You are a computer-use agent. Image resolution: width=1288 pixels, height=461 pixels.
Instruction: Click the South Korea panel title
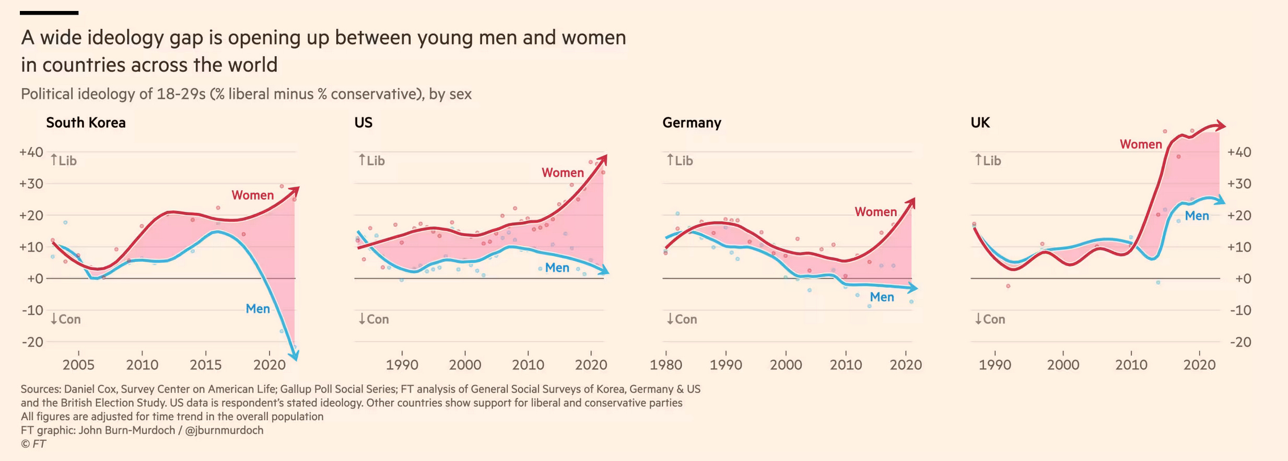(x=86, y=123)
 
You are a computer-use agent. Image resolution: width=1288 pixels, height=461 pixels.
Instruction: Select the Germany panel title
(x=692, y=123)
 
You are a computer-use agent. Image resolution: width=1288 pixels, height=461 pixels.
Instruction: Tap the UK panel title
(x=980, y=123)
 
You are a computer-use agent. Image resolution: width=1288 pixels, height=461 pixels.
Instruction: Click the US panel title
(x=363, y=123)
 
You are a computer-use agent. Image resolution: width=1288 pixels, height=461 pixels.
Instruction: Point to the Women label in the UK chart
(x=1141, y=144)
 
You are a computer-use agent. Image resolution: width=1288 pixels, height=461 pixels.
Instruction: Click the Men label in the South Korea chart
(x=257, y=309)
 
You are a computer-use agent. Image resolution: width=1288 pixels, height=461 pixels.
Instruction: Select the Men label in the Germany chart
(x=882, y=297)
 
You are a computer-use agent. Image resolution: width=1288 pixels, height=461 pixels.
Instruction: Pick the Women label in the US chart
(x=563, y=172)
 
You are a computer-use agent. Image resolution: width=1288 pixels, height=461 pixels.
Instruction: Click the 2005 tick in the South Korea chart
(x=78, y=364)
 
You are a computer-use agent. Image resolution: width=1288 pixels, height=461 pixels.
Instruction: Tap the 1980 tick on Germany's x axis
(x=665, y=364)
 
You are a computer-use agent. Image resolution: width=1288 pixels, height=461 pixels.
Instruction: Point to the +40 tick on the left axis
(x=31, y=152)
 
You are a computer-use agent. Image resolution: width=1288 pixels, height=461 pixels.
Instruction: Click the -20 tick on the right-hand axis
(x=1240, y=342)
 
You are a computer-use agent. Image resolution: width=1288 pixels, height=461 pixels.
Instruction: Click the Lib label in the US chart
(x=375, y=160)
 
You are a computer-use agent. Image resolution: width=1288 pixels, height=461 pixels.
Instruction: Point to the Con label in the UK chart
(x=993, y=319)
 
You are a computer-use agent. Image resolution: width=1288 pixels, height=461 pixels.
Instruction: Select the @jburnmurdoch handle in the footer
(x=224, y=430)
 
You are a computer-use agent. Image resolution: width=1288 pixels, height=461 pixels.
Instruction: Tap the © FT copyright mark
(x=33, y=444)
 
